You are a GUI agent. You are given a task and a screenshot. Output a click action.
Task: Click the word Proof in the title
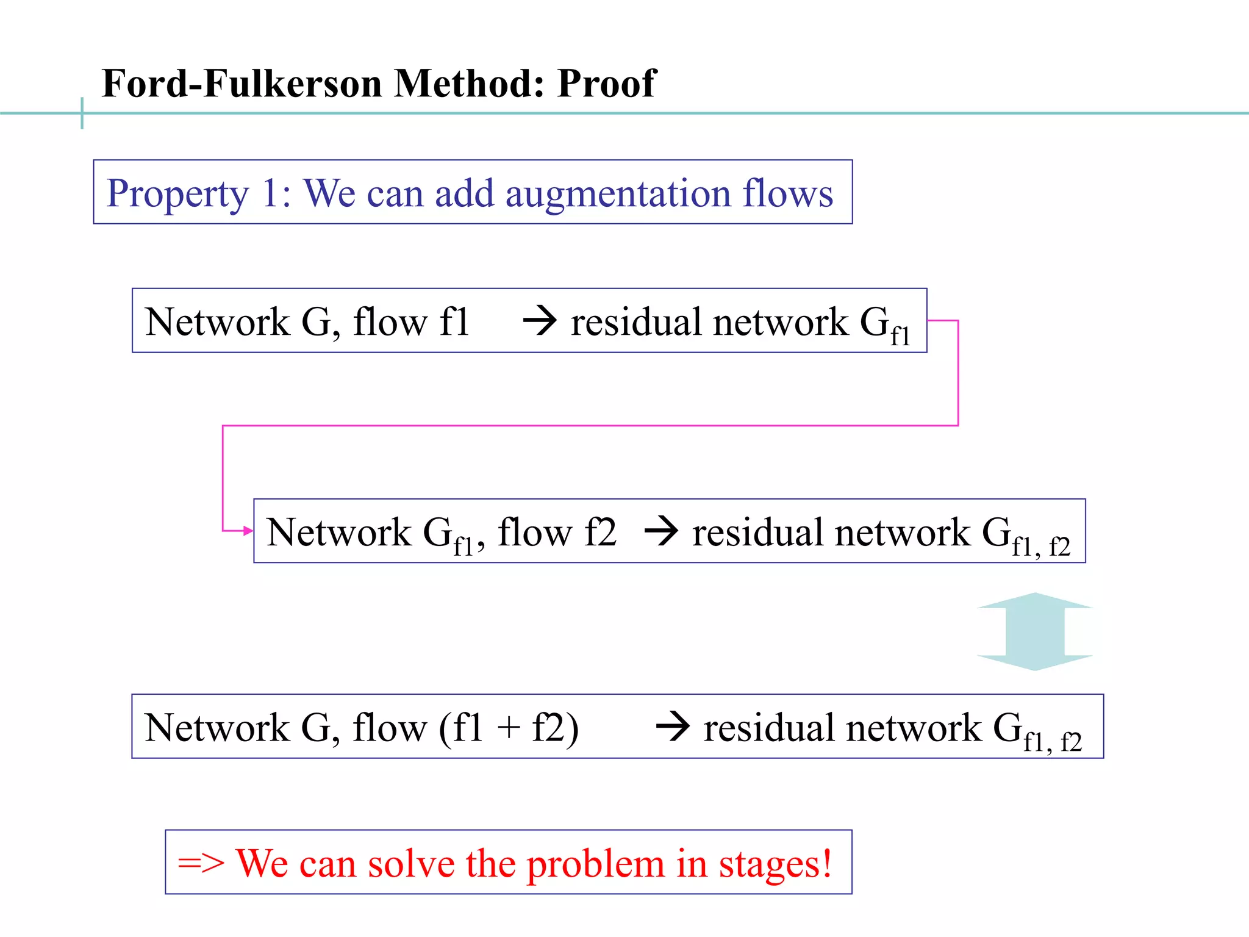click(606, 83)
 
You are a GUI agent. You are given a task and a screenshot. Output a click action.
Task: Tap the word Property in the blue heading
click(177, 194)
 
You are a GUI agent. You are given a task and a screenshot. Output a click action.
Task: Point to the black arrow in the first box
click(540, 321)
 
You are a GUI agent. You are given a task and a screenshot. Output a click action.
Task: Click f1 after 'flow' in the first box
click(454, 321)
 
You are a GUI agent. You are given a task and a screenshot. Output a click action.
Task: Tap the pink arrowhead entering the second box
click(248, 531)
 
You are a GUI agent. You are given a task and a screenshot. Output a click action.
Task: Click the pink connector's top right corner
click(958, 321)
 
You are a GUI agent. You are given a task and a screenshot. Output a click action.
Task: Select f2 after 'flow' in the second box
click(600, 532)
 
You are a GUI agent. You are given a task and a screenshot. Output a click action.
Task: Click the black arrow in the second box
click(661, 531)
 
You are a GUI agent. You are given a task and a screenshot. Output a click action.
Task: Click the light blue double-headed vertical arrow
click(1034, 631)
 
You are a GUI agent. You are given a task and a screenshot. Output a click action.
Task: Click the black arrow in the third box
click(673, 727)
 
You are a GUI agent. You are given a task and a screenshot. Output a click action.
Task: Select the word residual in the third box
click(768, 728)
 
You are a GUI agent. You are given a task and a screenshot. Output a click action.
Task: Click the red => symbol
click(201, 864)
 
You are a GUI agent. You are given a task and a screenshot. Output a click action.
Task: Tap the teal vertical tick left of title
click(82, 113)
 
